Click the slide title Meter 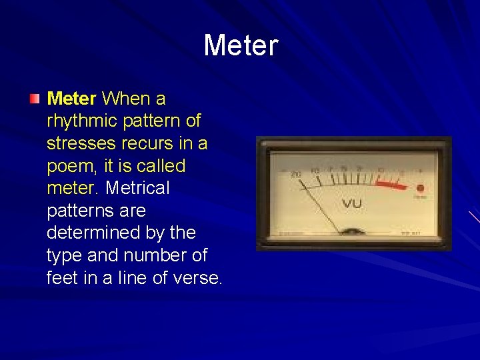[240, 46]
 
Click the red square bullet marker [34, 99]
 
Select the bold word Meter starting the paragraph [72, 99]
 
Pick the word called [161, 166]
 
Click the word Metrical [137, 189]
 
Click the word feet [63, 278]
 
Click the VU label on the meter [353, 203]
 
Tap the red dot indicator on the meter [420, 188]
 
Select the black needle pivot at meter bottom [352, 232]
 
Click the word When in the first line [125, 99]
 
